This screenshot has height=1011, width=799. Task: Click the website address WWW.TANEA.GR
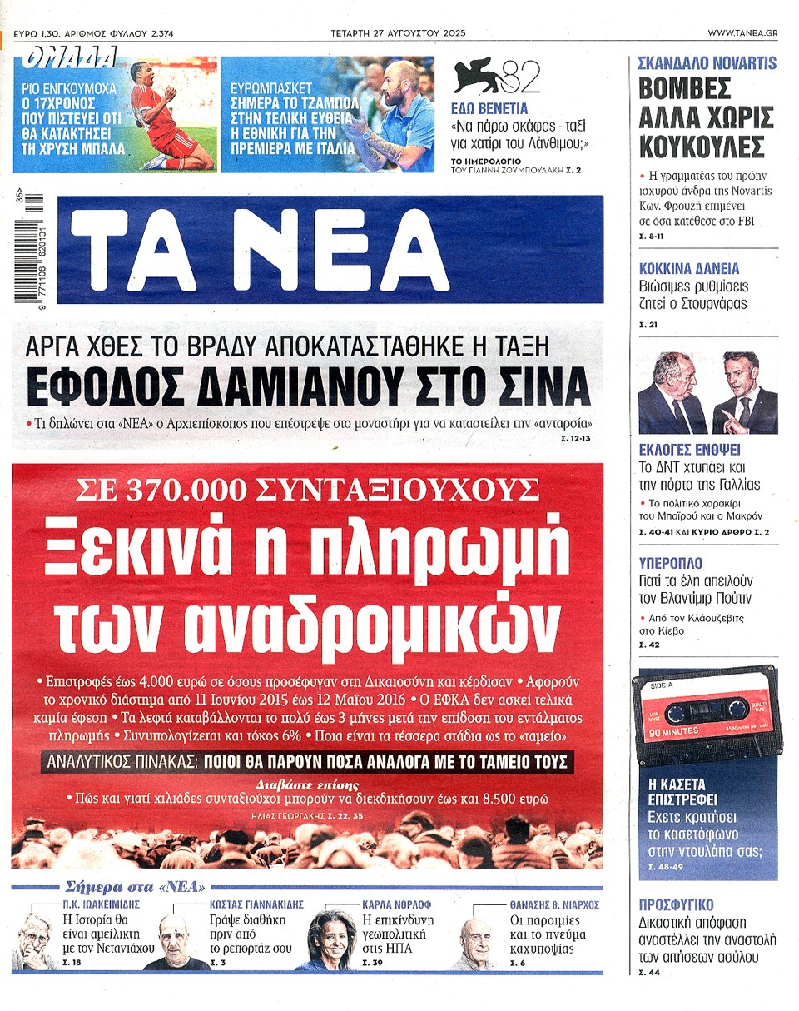742,33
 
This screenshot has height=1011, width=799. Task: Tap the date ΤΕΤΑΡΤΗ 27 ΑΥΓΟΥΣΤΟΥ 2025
398,33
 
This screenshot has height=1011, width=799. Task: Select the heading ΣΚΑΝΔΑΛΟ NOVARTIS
707,62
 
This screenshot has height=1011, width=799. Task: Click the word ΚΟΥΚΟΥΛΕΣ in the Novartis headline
701,147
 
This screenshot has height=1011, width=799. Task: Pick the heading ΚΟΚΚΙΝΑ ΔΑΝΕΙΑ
688,269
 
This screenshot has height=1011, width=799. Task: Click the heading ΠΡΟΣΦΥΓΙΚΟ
675,905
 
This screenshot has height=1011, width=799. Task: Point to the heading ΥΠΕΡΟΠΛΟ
670,563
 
